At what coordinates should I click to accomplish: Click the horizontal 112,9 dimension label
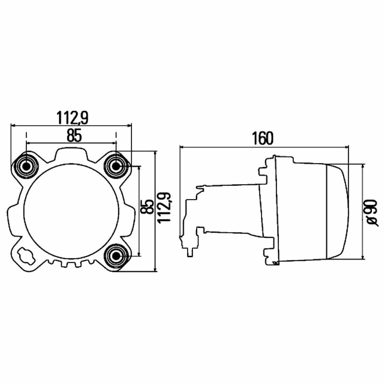coord(72,118)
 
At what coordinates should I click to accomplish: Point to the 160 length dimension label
coord(262,138)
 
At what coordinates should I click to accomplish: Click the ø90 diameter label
coord(371,213)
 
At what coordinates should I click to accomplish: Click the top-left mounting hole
coord(26,166)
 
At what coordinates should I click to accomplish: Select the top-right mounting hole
coord(116,166)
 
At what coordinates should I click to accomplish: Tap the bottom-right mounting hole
coord(116,256)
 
